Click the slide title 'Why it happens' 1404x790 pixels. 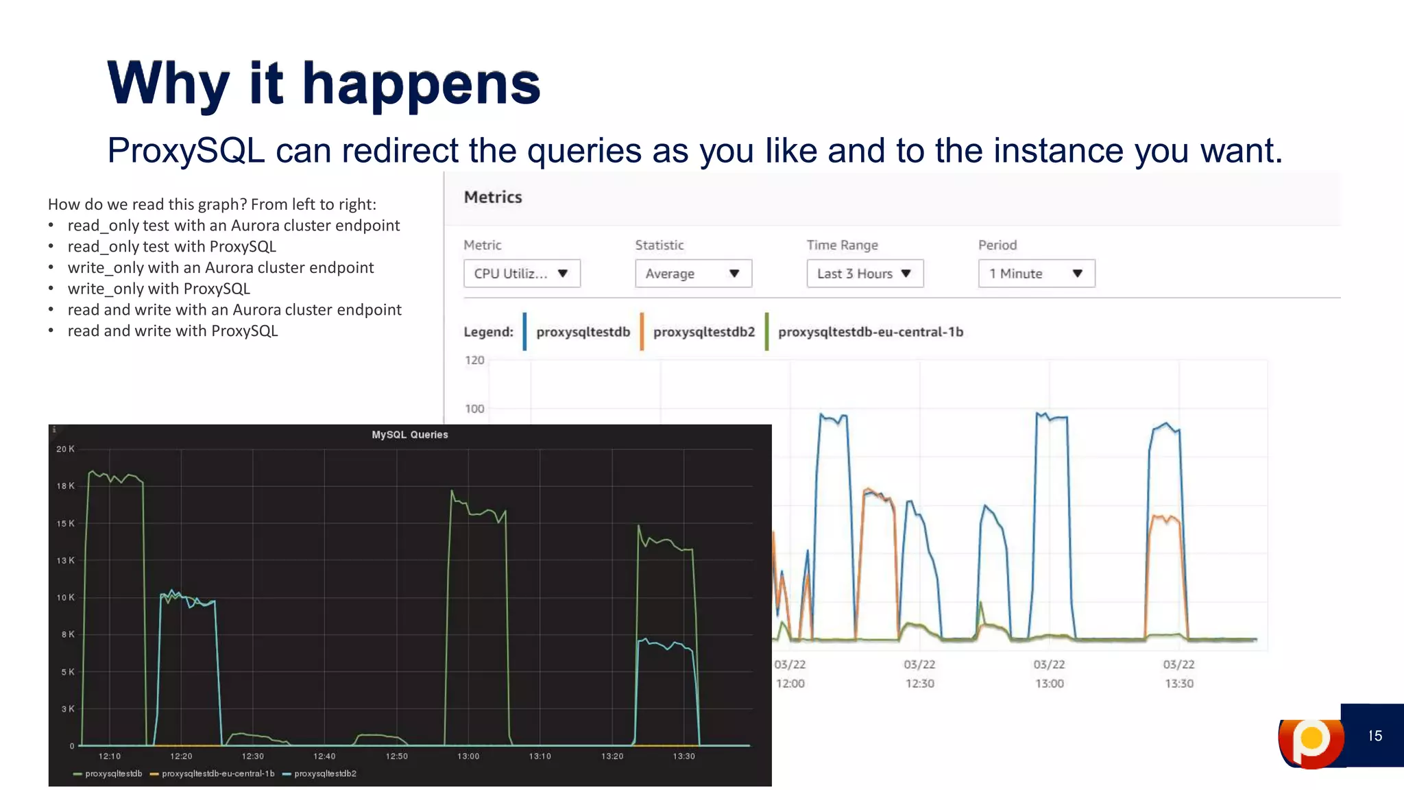324,84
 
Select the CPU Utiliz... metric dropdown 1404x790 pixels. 522,274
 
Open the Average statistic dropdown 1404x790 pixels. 693,274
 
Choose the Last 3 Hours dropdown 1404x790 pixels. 864,274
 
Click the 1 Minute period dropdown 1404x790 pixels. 1036,274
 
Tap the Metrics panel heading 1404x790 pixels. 493,197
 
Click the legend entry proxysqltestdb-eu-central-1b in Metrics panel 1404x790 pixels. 870,332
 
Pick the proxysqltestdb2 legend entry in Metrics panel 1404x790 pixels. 703,332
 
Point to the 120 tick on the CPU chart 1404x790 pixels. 474,360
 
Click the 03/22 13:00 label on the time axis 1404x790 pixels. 1049,673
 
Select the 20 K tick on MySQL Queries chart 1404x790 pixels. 65,449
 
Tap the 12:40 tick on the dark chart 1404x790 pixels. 324,756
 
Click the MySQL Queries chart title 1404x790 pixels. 410,435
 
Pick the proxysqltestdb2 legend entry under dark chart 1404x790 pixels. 325,774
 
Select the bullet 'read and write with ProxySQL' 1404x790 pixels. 172,331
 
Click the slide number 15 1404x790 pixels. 1375,736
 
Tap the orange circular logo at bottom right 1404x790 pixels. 1310,740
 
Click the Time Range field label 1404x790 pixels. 842,246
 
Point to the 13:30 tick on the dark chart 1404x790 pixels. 683,756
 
